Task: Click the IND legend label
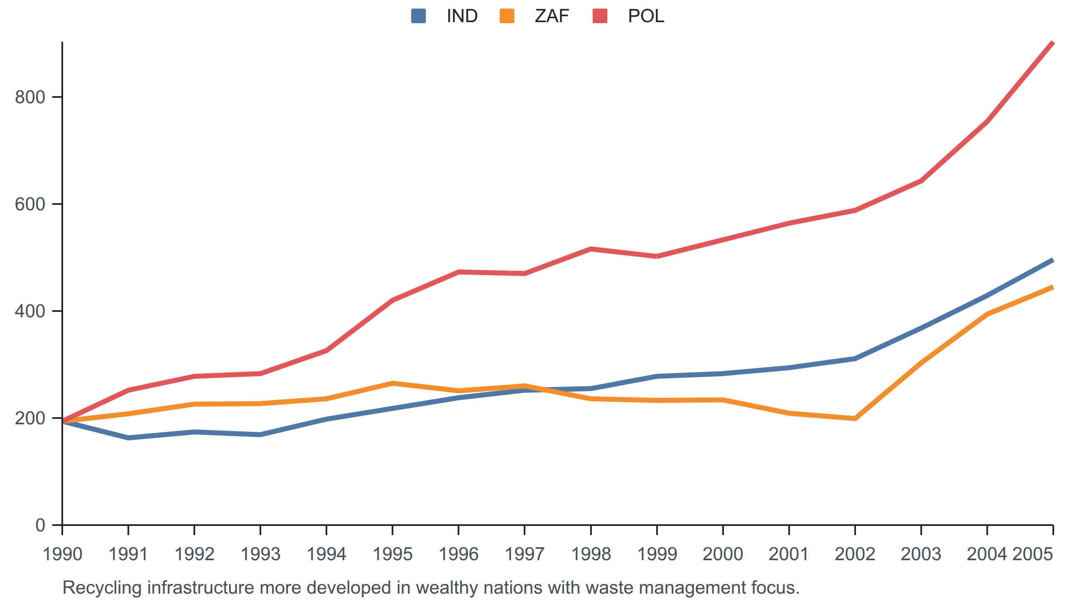pyautogui.click(x=462, y=16)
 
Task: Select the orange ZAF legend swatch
pyautogui.click(x=507, y=16)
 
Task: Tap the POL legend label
pyautogui.click(x=646, y=16)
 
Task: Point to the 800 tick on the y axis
pyautogui.click(x=30, y=97)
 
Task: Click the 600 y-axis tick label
pyautogui.click(x=30, y=204)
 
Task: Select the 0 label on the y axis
pyautogui.click(x=40, y=525)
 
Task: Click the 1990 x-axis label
pyautogui.click(x=62, y=554)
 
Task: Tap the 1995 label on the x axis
pyautogui.click(x=392, y=554)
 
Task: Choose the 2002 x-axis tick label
pyautogui.click(x=855, y=554)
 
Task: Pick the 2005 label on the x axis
pyautogui.click(x=1033, y=554)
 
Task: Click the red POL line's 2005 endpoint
pyautogui.click(x=1052, y=43)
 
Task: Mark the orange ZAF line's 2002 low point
pyautogui.click(x=855, y=418)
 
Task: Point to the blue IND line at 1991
pyautogui.click(x=128, y=438)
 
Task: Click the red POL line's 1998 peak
pyautogui.click(x=591, y=249)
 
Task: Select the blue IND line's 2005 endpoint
pyautogui.click(x=1052, y=260)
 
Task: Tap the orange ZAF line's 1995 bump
pyautogui.click(x=392, y=383)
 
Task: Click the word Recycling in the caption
pyautogui.click(x=102, y=588)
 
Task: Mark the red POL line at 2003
pyautogui.click(x=921, y=181)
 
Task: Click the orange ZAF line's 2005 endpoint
pyautogui.click(x=1052, y=287)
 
